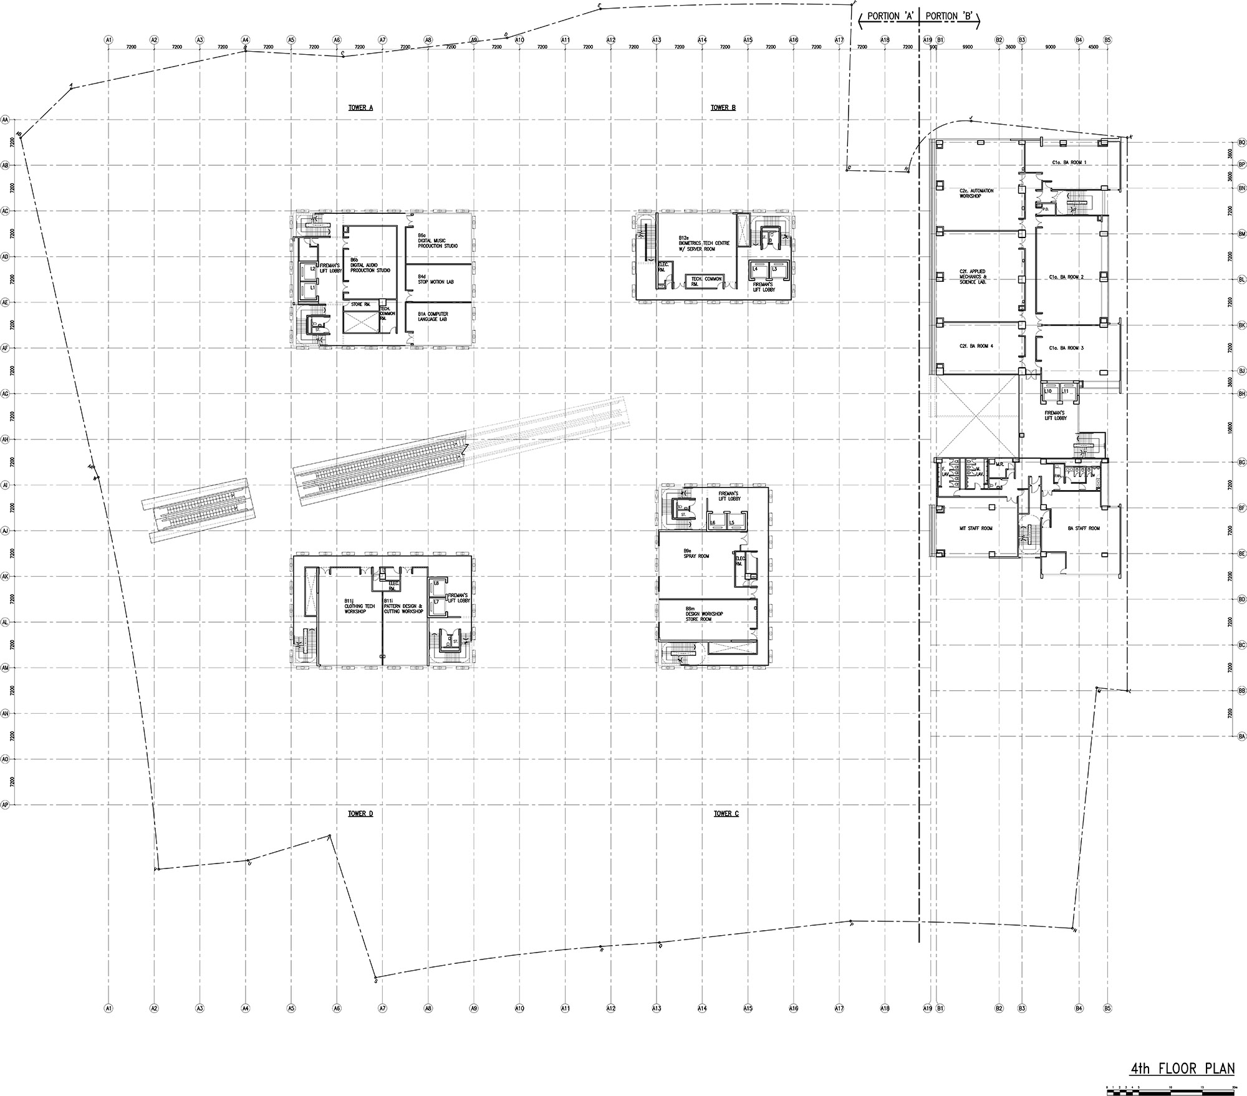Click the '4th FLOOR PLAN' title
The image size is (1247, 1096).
[x=1182, y=1069]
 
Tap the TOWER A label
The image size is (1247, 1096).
[x=360, y=108]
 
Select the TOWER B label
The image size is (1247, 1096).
[x=723, y=108]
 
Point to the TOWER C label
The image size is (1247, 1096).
[x=726, y=814]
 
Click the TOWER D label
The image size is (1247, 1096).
[x=360, y=814]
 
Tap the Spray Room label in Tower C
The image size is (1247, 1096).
[x=696, y=554]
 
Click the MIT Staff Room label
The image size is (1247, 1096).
[x=976, y=529]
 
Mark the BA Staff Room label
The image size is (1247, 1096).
[x=1084, y=529]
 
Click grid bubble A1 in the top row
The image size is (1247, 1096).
[x=108, y=40]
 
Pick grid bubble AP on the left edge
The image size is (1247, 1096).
[x=6, y=805]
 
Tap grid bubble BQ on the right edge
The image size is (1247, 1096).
[x=1241, y=143]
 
